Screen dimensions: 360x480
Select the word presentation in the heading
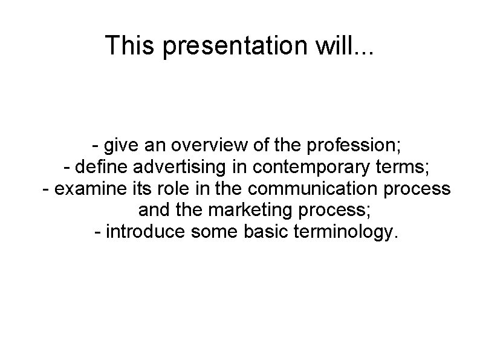point(237,47)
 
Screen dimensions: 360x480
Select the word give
point(121,146)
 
